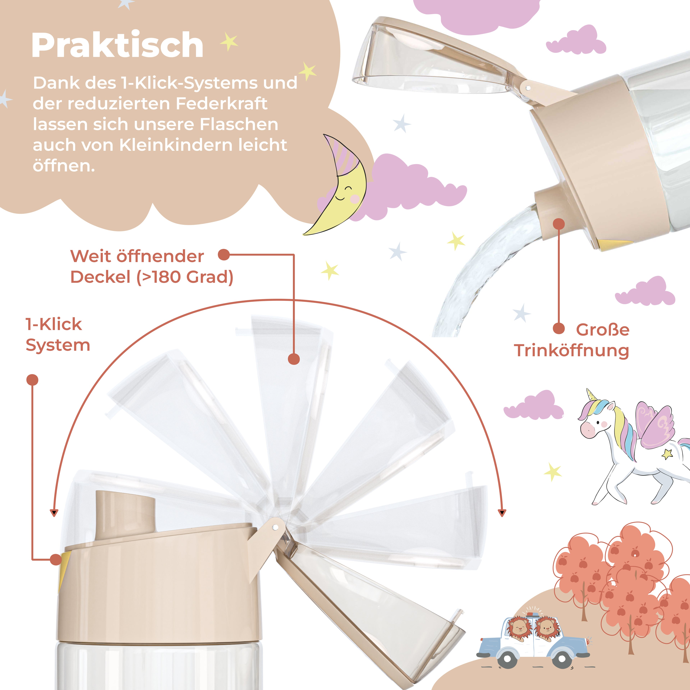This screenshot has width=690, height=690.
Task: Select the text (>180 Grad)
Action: pyautogui.click(x=185, y=277)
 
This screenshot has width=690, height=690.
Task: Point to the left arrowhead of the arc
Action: pyautogui.click(x=54, y=513)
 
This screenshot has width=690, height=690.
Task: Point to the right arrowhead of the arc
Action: pyautogui.click(x=502, y=513)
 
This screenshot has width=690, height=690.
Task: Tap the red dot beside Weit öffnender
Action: pyautogui.click(x=224, y=255)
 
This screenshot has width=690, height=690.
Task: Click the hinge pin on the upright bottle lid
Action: pyautogui.click(x=275, y=527)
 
